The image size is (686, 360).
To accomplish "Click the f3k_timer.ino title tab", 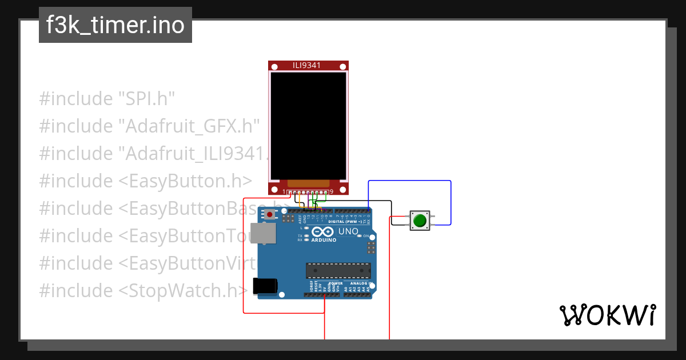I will tap(115, 26).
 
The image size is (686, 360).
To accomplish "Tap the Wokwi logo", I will tap(607, 315).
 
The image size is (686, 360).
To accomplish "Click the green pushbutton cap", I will tap(420, 221).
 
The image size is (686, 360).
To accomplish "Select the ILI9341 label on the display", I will tap(308, 66).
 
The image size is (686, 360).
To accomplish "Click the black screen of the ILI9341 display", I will tap(308, 126).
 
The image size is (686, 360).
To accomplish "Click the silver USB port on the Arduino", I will tap(263, 233).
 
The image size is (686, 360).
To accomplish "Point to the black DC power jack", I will tap(265, 286).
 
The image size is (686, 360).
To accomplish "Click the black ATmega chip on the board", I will tap(338, 270).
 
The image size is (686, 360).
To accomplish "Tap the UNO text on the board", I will tap(348, 231).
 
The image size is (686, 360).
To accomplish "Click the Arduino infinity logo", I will tap(322, 232).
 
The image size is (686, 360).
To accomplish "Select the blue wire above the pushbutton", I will tap(409, 181).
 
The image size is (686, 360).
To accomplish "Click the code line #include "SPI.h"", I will tap(107, 98).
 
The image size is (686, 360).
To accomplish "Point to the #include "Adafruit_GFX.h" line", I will tap(150, 126).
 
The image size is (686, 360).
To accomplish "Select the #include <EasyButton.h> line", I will tap(146, 181).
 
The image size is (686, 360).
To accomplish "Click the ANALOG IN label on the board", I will tap(361, 283).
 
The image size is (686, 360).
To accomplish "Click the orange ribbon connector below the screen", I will tap(308, 182).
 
